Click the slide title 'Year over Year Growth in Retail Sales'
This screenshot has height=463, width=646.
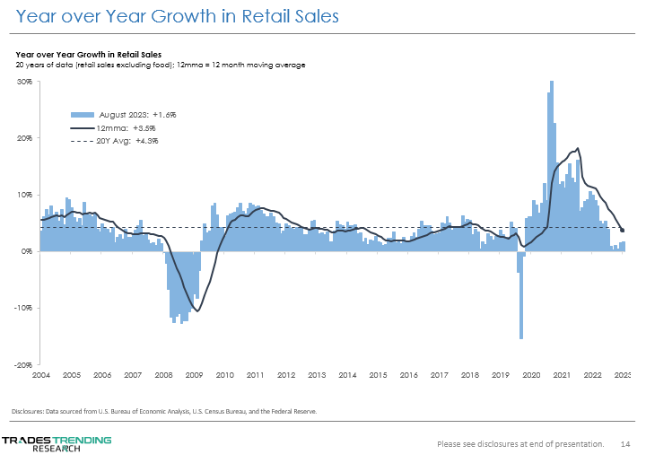pos(169,17)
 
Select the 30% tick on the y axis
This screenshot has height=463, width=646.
pos(25,82)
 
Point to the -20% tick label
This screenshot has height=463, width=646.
pos(24,364)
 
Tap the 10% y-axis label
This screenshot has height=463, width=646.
pos(25,195)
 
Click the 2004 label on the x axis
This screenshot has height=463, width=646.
pos(41,374)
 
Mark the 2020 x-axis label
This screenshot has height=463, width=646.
pos(530,374)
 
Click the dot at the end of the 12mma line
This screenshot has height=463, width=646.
pos(623,231)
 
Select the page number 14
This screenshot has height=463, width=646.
pos(625,443)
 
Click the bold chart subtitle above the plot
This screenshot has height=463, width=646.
pos(88,56)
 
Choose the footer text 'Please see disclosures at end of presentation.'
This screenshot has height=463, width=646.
pos(519,443)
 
